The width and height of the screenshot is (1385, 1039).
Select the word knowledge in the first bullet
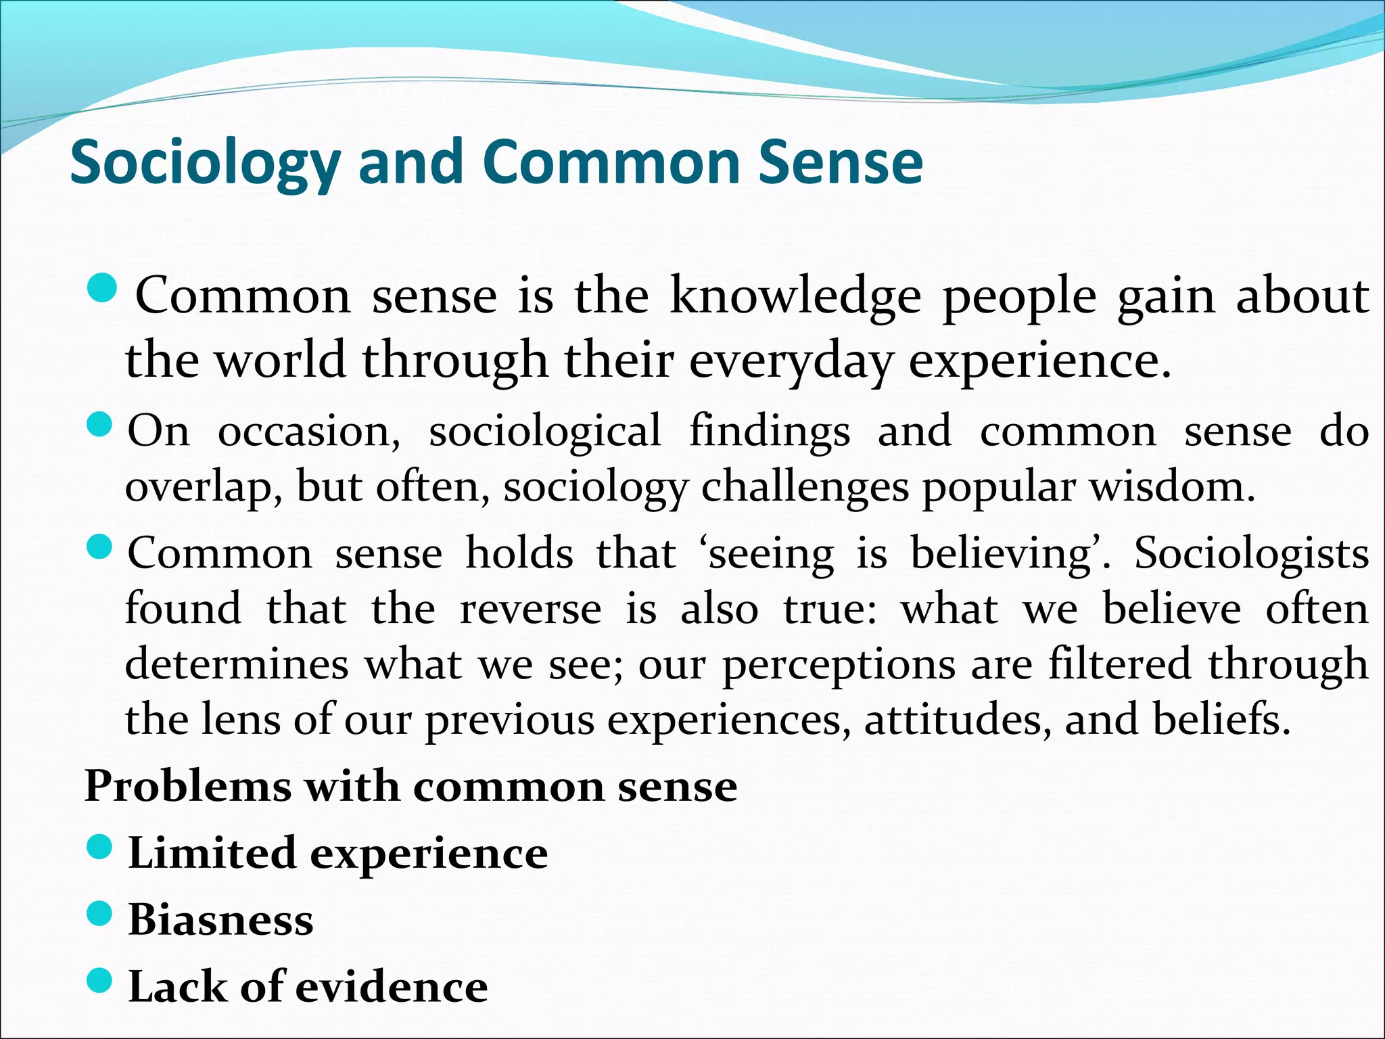pos(795,297)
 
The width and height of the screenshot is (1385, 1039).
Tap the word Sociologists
pos(1251,554)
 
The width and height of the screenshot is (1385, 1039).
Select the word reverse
pos(530,609)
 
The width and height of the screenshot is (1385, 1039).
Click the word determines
pos(237,664)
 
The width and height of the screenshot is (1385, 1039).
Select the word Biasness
pos(220,920)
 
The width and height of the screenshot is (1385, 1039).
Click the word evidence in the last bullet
pos(392,987)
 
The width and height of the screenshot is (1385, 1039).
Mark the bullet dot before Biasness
pos(99,914)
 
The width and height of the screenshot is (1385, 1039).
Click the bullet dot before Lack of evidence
pos(99,980)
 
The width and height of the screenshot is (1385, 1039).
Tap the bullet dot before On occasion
pos(99,425)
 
